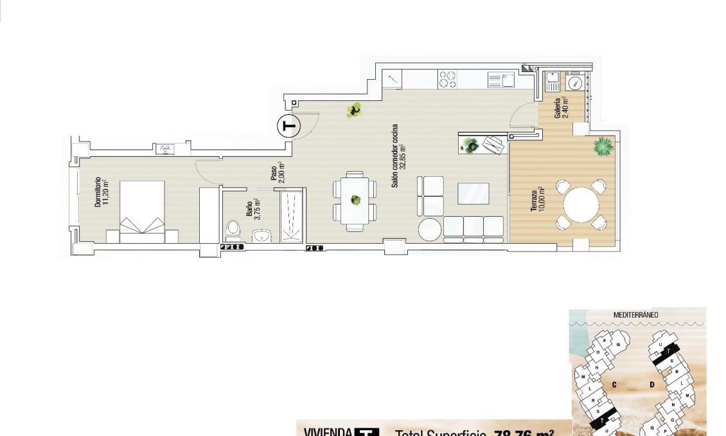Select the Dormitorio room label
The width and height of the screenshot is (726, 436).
[102, 192]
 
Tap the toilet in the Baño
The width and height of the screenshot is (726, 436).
[234, 229]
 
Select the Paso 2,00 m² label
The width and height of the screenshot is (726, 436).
[277, 172]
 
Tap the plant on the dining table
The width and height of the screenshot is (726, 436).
[355, 200]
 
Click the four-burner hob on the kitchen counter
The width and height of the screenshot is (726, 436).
[447, 80]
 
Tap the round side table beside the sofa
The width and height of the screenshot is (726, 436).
[430, 229]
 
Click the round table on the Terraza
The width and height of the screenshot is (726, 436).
[581, 205]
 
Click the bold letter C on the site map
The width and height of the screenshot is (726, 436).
[615, 385]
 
